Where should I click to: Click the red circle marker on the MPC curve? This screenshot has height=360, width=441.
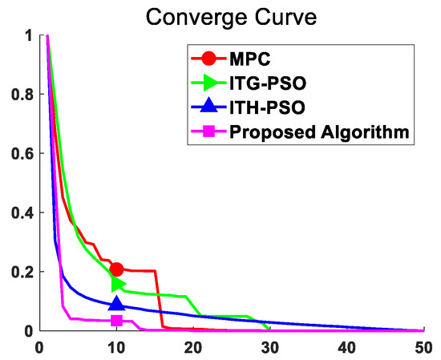[x=116, y=269]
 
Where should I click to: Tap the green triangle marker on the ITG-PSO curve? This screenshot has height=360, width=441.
[x=118, y=284]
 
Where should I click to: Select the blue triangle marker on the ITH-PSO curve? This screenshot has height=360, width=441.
[x=116, y=303]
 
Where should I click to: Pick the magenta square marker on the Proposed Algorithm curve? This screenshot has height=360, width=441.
[x=116, y=321]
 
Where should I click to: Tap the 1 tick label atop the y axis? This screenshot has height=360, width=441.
[x=28, y=36]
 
